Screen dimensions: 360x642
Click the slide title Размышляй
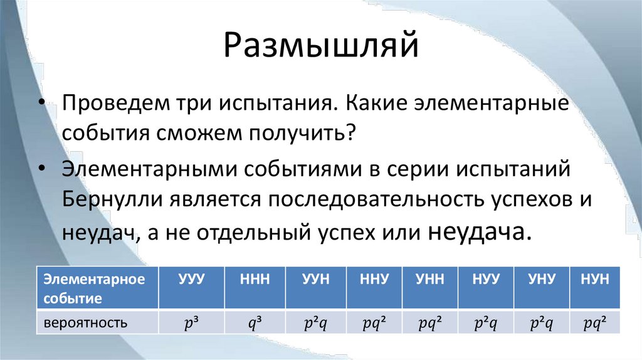click(x=320, y=47)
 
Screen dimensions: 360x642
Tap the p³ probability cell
click(x=191, y=324)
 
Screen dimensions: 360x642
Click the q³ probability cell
click(x=255, y=324)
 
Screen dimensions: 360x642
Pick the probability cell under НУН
click(x=594, y=324)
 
